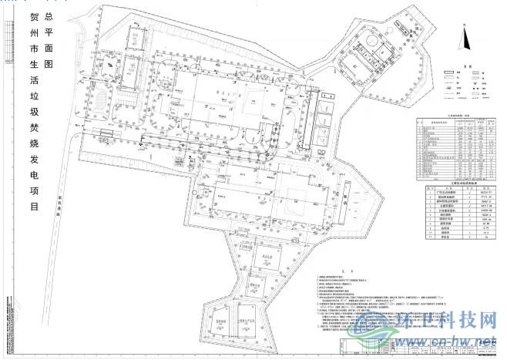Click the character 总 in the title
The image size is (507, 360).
click(x=50, y=15)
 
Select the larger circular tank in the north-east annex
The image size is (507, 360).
click(x=371, y=39)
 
